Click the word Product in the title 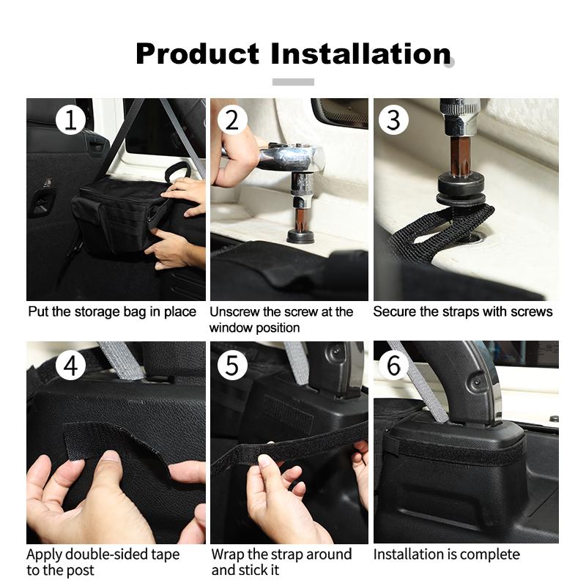[197, 53]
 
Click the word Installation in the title [360, 53]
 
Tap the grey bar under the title [293, 82]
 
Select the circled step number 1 [70, 120]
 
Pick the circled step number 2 [232, 120]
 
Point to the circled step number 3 [393, 120]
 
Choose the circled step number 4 [70, 365]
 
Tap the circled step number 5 [232, 365]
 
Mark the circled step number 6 [393, 365]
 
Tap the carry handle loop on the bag [177, 171]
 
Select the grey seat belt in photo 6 [423, 381]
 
